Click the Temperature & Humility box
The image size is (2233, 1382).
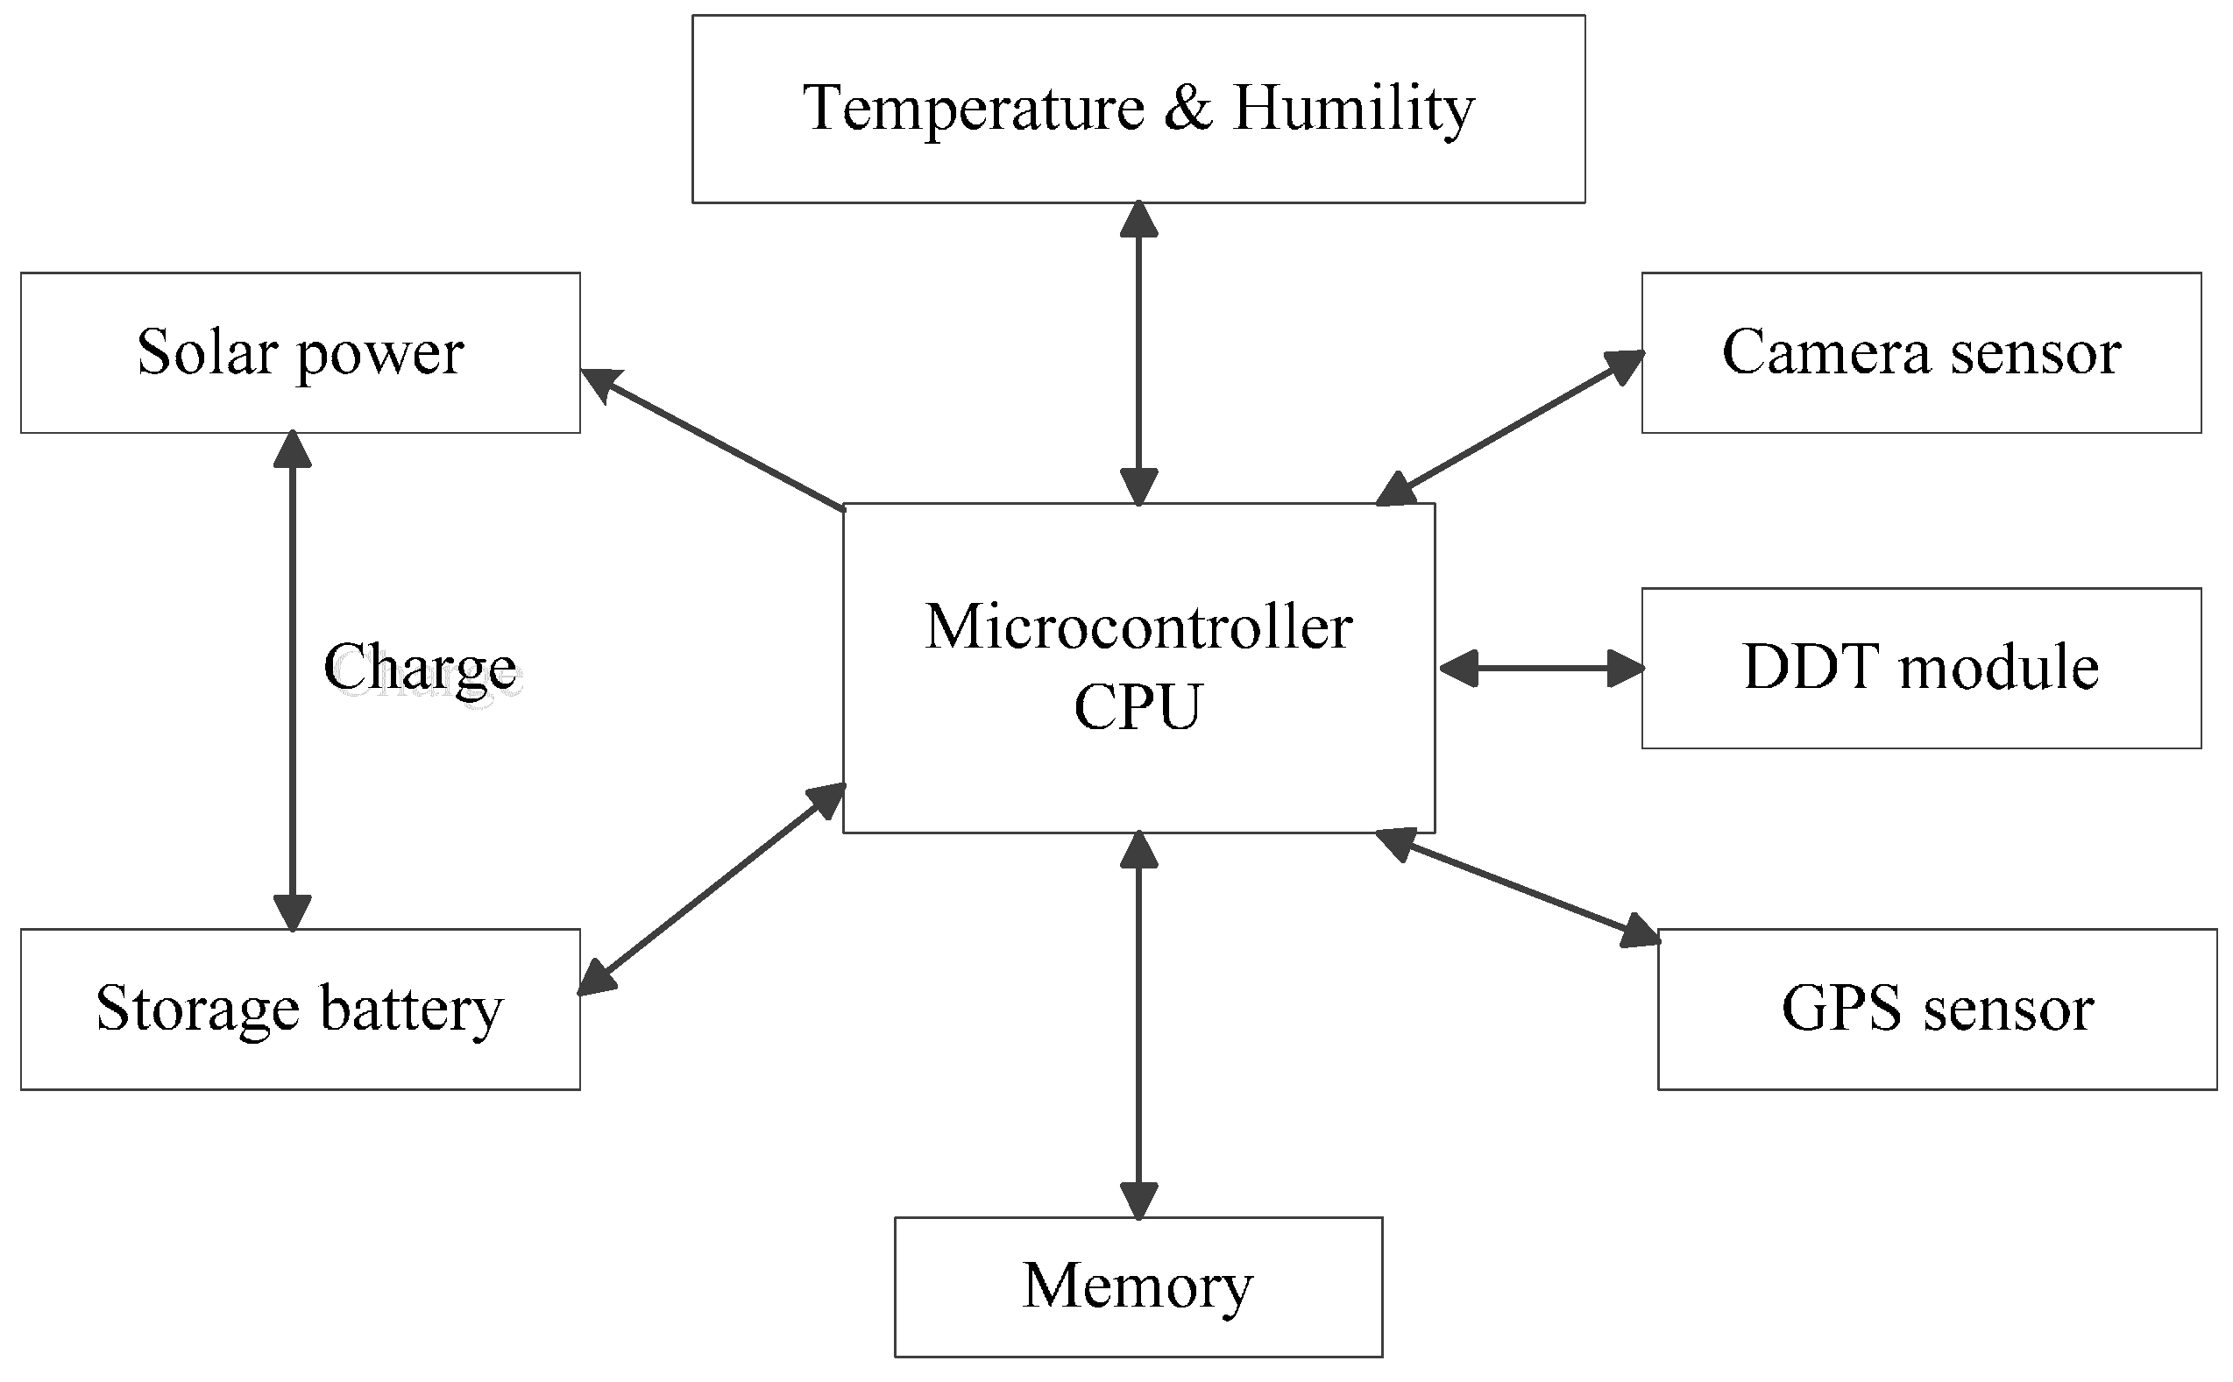pos(1138,108)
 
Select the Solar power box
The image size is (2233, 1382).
pos(300,353)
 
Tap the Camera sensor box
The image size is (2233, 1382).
pos(1920,353)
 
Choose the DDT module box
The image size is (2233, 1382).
pos(1920,668)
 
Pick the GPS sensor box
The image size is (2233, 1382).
pos(1937,1009)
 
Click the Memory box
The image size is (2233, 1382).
pos(1138,1287)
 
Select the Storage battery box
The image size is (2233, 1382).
pos(300,1009)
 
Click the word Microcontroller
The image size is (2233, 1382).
pos(1138,628)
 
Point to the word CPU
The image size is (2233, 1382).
pos(1138,706)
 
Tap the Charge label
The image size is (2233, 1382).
pos(420,668)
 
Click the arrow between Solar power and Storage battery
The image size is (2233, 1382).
pos(293,681)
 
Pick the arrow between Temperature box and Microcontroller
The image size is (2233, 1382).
pos(1139,353)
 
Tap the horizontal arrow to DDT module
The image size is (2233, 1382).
pos(1541,668)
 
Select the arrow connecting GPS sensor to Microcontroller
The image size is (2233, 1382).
pos(1517,888)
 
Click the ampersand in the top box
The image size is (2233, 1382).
pos(1188,108)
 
